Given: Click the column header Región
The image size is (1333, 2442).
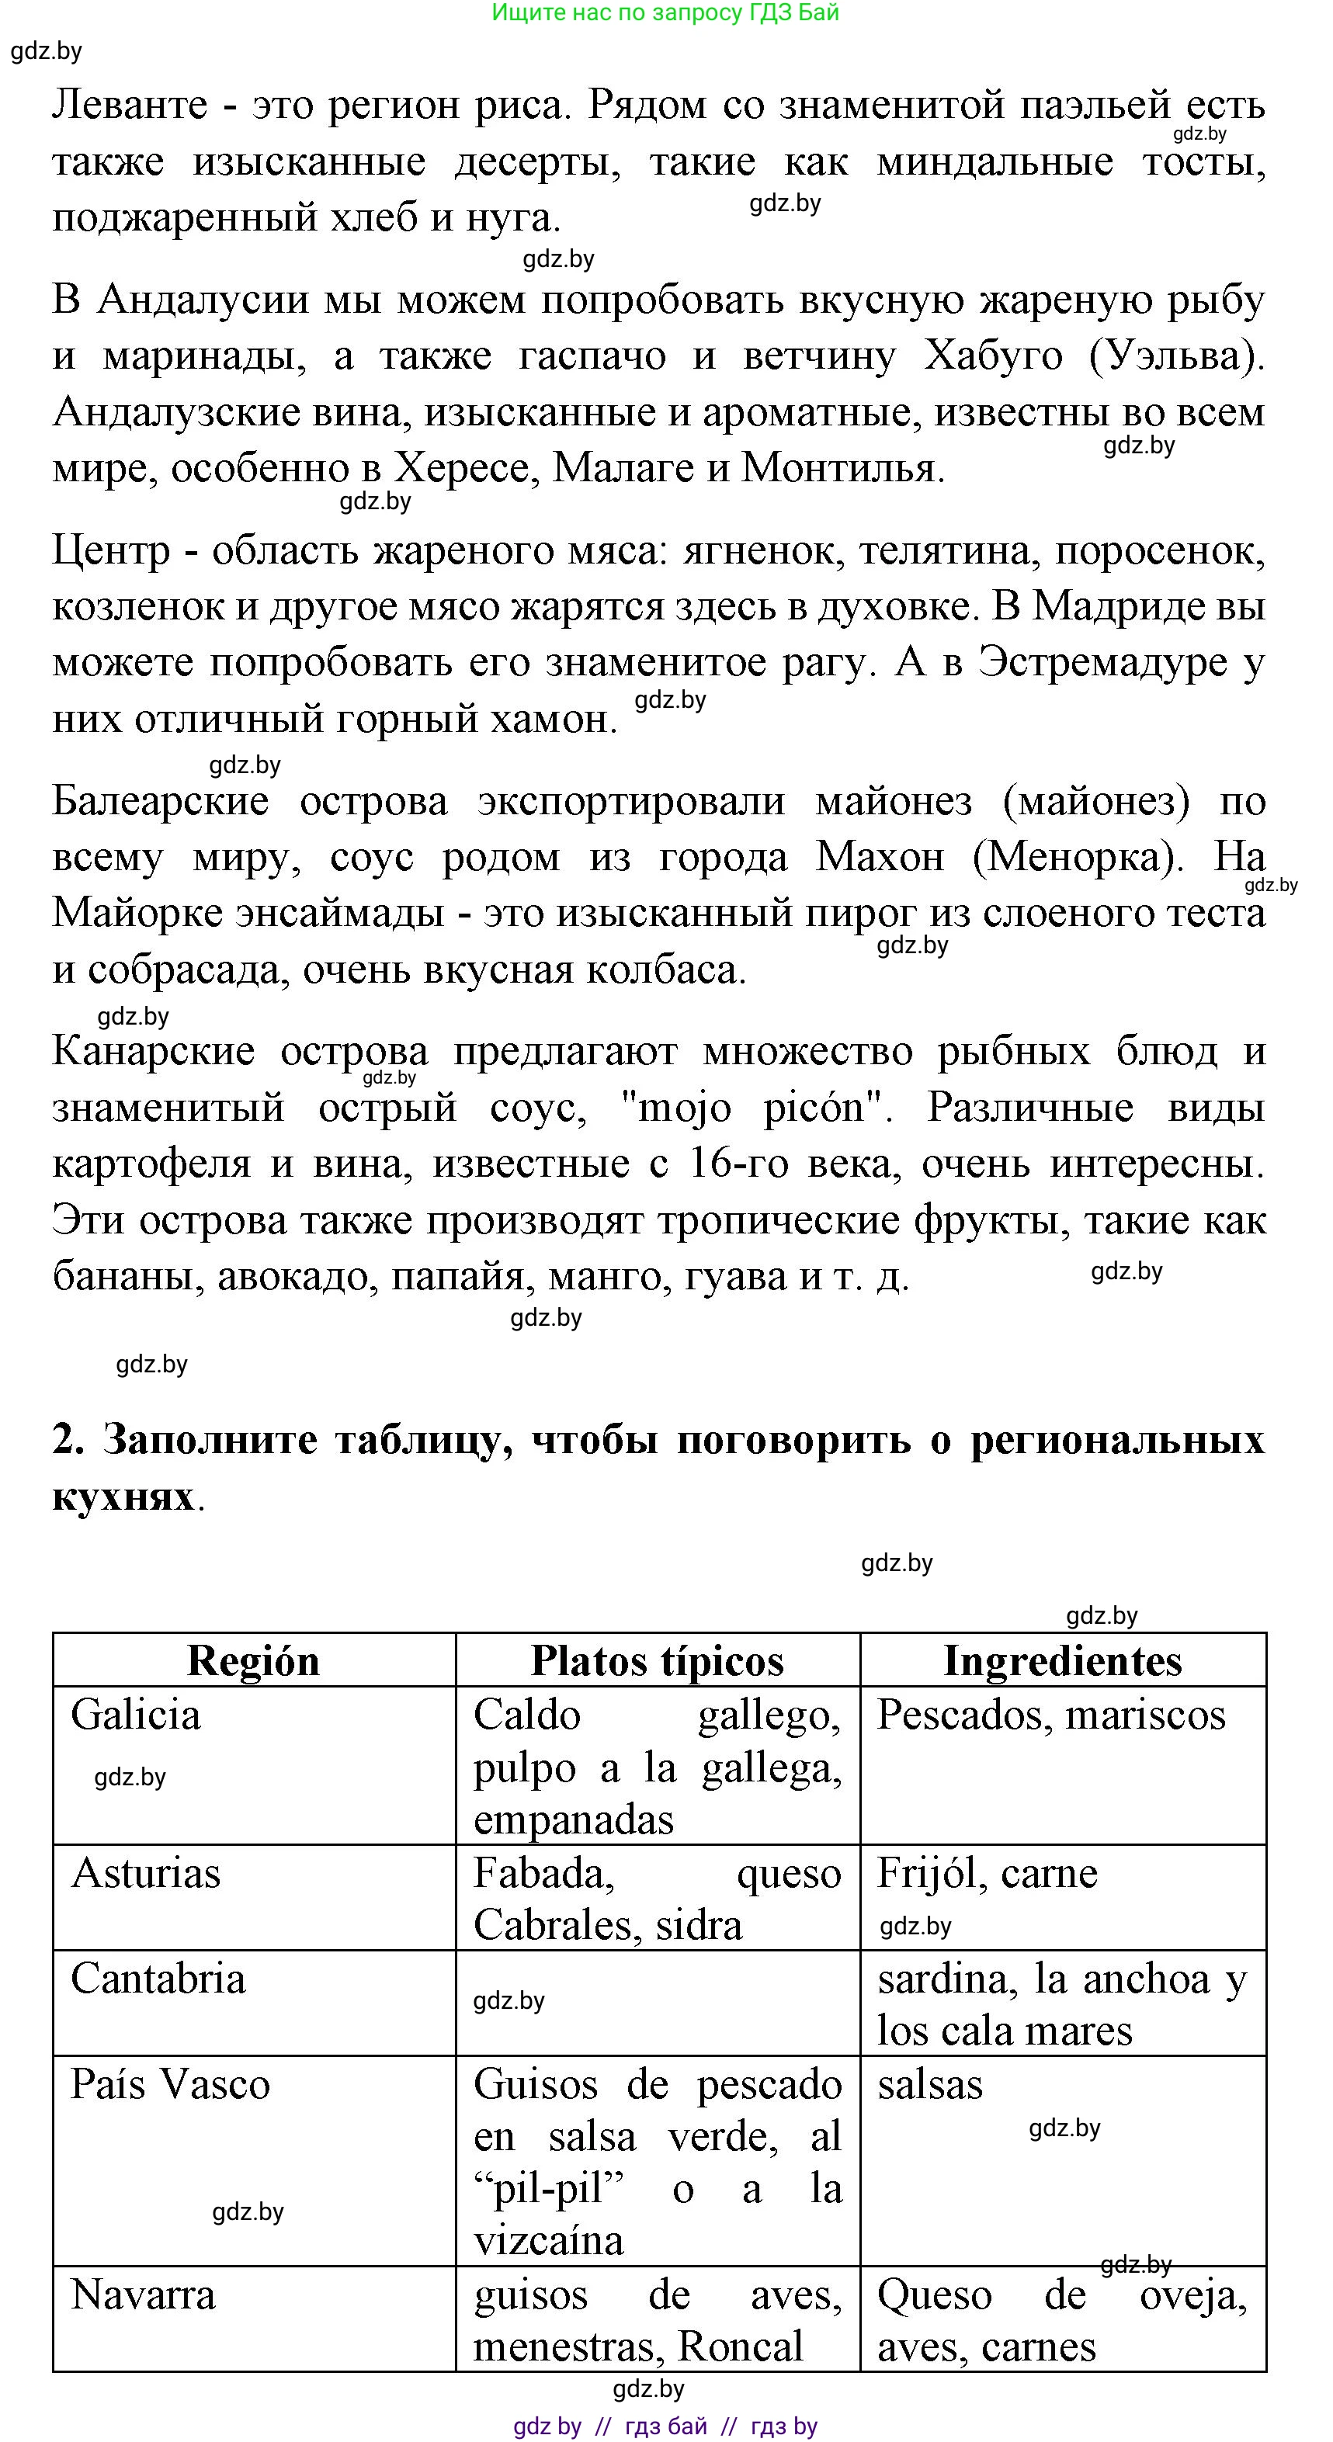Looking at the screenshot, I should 253,1662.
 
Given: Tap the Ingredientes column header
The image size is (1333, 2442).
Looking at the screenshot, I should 1063,1662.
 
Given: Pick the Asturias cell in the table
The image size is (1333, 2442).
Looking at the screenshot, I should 146,1873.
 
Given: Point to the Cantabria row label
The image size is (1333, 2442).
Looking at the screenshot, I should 158,1979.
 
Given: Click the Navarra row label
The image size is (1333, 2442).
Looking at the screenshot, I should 143,2295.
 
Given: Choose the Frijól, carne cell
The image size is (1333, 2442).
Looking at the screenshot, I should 987,1873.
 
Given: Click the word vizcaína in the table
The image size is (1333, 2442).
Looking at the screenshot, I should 549,2241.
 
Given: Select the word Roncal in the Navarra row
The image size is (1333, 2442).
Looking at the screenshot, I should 741,2347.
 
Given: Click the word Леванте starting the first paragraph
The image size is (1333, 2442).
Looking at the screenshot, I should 130,104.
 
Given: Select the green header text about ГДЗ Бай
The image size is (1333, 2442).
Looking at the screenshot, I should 665,13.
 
